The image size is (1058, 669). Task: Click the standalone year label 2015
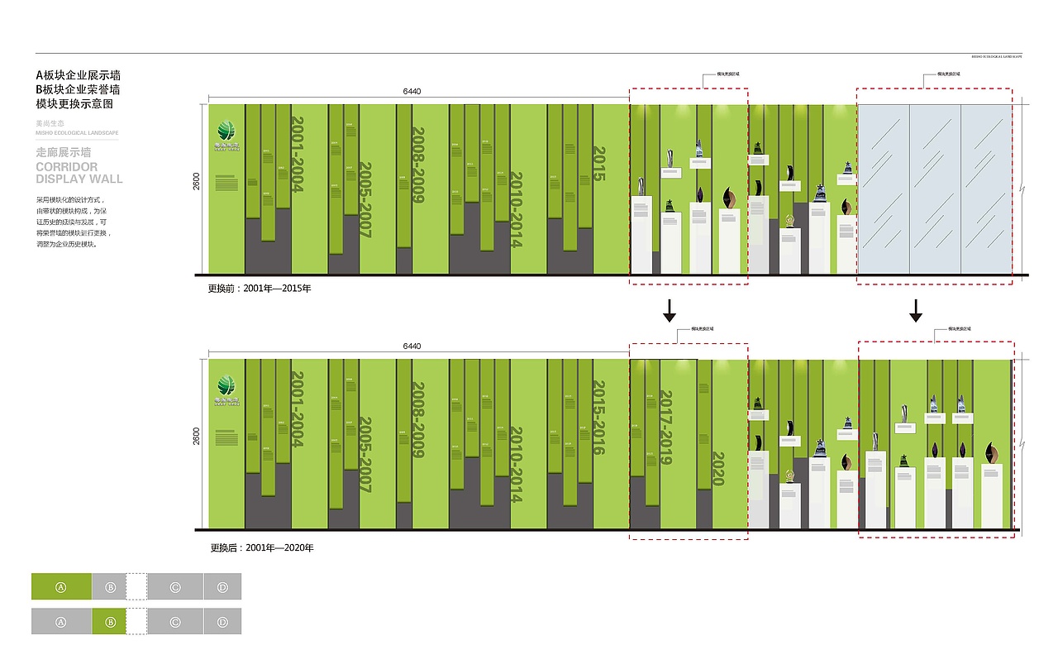coord(600,165)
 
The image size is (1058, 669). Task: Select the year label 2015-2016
coord(600,418)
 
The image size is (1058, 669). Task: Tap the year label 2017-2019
coord(666,428)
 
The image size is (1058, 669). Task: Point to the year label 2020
coord(717,468)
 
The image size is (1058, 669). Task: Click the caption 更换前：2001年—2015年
coord(259,289)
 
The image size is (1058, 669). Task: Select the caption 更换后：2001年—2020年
coord(260,547)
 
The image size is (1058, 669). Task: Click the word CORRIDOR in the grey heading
coord(67,167)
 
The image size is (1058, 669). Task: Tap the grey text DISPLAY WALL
coord(79,179)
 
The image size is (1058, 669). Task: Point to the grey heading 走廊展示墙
coord(64,153)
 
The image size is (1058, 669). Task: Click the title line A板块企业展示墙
coord(79,75)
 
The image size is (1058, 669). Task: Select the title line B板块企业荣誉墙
coord(79,89)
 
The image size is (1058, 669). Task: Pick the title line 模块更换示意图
coord(74,104)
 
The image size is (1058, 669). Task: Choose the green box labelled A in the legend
coord(61,586)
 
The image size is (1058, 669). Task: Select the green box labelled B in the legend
coord(110,622)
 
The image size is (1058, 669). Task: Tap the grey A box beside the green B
coord(61,622)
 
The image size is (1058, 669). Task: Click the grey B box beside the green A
coord(110,586)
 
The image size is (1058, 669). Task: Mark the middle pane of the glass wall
coord(935,189)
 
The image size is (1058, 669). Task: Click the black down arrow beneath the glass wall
coord(916,310)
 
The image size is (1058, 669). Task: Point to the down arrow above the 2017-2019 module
coord(670,310)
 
